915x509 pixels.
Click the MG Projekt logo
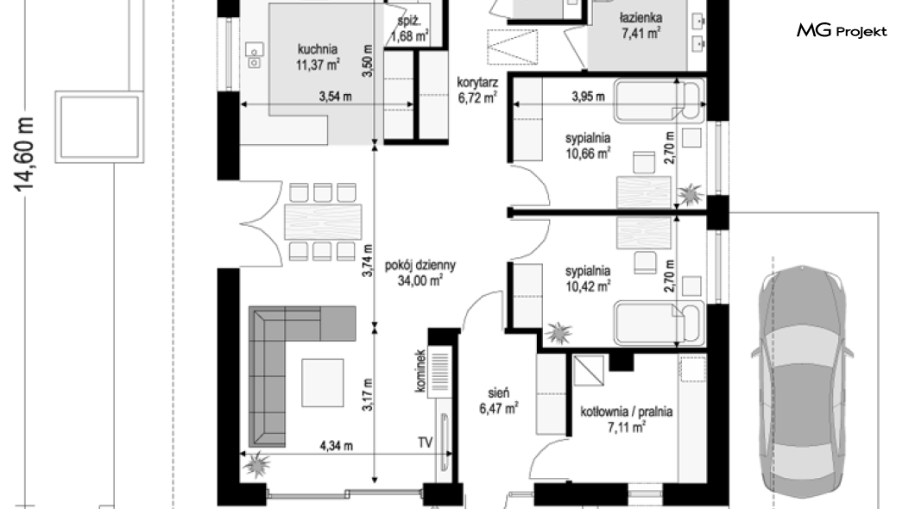pos(842,30)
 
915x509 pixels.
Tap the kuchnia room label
pos(318,49)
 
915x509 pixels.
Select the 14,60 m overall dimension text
pos(24,154)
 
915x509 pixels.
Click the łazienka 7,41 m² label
pos(640,26)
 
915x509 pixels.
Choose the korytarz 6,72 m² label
pos(477,90)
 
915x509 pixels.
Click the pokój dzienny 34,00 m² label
pos(420,273)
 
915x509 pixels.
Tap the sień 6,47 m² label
pos(499,401)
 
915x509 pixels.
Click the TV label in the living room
pos(425,443)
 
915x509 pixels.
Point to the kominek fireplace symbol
pos(440,372)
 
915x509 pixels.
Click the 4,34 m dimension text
pos(336,446)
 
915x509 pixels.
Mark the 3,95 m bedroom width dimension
pos(588,97)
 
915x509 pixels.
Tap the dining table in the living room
pos(323,222)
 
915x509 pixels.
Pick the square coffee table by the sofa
pos(323,382)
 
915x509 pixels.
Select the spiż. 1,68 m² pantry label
pos(410,28)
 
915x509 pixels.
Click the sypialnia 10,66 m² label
pos(588,146)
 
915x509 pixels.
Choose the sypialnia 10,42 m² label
pos(588,278)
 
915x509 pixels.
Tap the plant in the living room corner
pos(256,464)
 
